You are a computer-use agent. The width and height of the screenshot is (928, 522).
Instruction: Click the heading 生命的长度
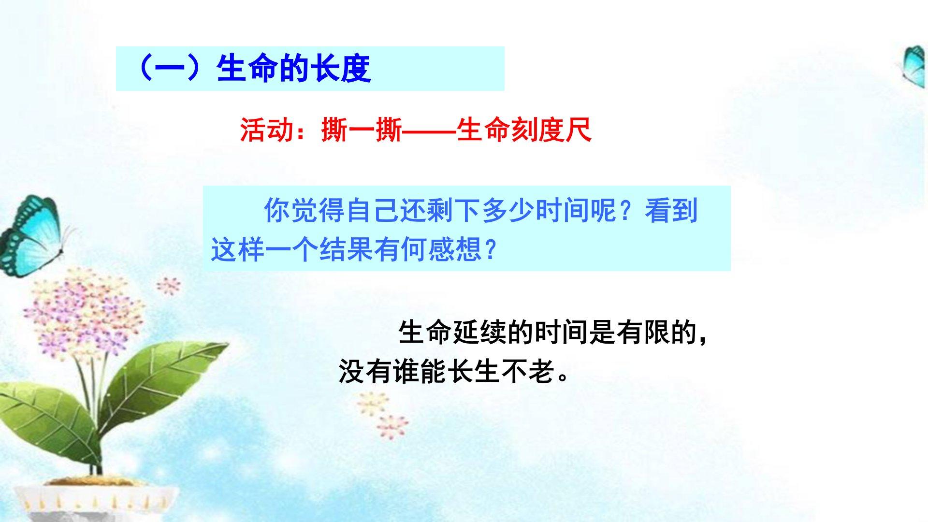point(294,68)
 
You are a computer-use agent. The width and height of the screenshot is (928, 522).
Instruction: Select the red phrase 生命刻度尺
point(524,130)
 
